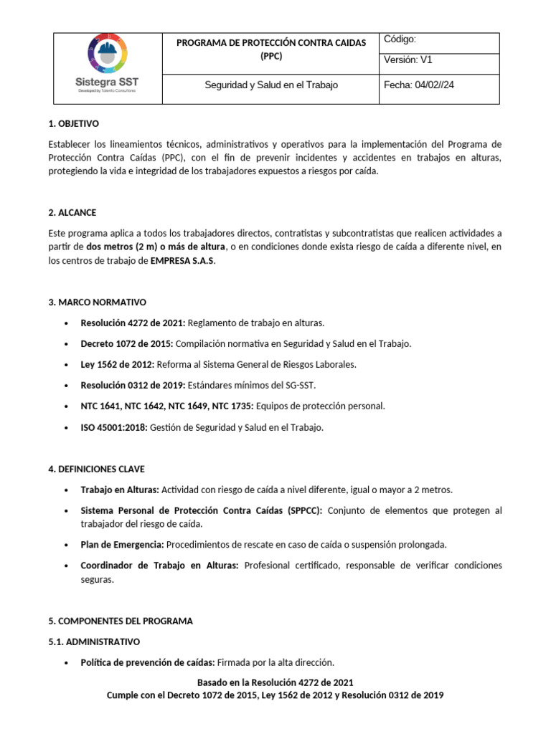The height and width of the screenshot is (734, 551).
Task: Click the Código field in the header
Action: coord(400,40)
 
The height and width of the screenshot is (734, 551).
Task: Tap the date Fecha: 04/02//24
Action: coord(419,85)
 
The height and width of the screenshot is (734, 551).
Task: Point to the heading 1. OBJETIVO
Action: coord(73,123)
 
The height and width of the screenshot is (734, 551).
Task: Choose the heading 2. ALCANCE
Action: coord(72,213)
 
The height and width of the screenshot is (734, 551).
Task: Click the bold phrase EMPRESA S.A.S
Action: coord(182,261)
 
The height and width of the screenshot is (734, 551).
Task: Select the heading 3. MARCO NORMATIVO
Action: coord(98,302)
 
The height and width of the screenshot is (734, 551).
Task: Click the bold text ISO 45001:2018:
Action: coord(113,427)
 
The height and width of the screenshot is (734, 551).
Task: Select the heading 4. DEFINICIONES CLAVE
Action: coord(96,469)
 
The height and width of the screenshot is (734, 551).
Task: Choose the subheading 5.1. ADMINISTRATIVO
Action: coord(94,642)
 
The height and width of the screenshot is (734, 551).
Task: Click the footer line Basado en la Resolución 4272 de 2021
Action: coord(275,682)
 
